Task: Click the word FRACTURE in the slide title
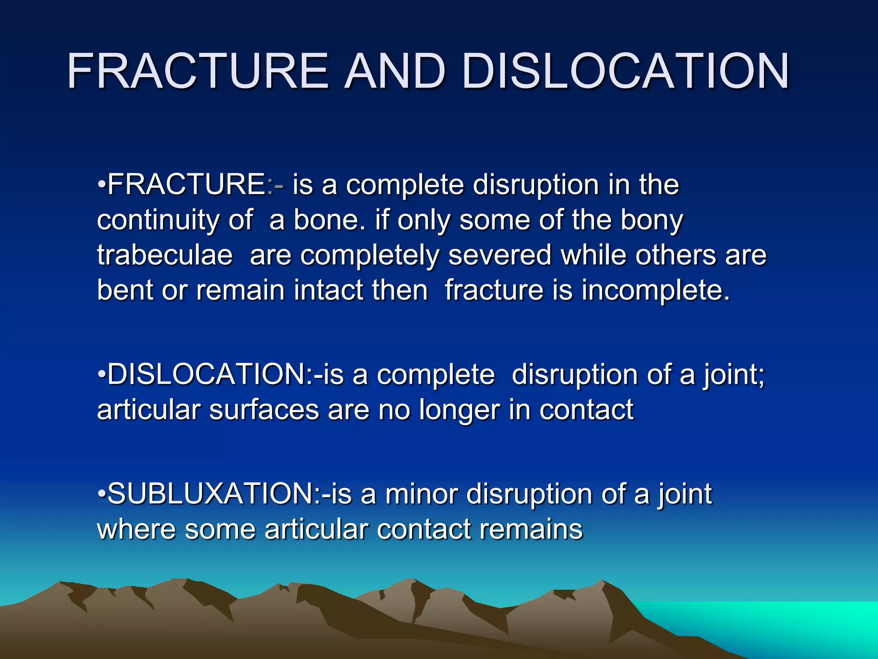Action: click(x=198, y=71)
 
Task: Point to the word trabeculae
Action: click(x=165, y=255)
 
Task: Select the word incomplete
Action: click(x=655, y=290)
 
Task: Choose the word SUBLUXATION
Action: click(x=210, y=494)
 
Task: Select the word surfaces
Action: click(x=264, y=410)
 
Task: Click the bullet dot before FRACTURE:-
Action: click(x=102, y=184)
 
